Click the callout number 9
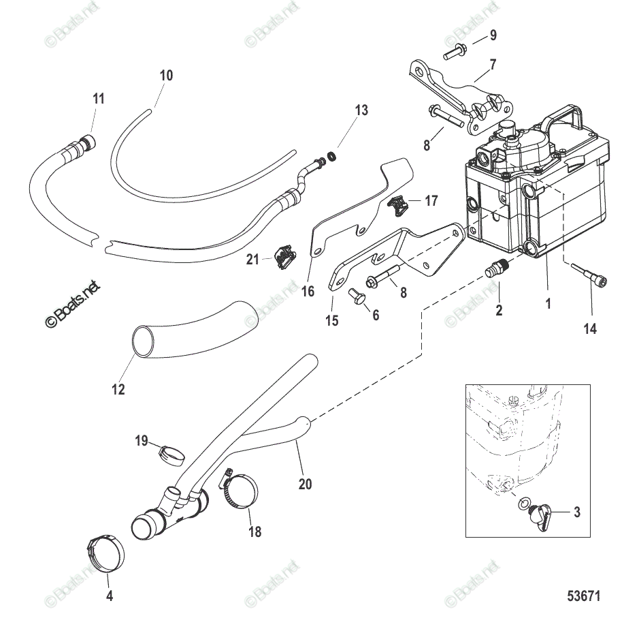pyautogui.click(x=493, y=35)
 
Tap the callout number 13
pyautogui.click(x=361, y=110)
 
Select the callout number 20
pyautogui.click(x=305, y=484)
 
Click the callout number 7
pyautogui.click(x=493, y=65)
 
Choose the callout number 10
pyautogui.click(x=166, y=75)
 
